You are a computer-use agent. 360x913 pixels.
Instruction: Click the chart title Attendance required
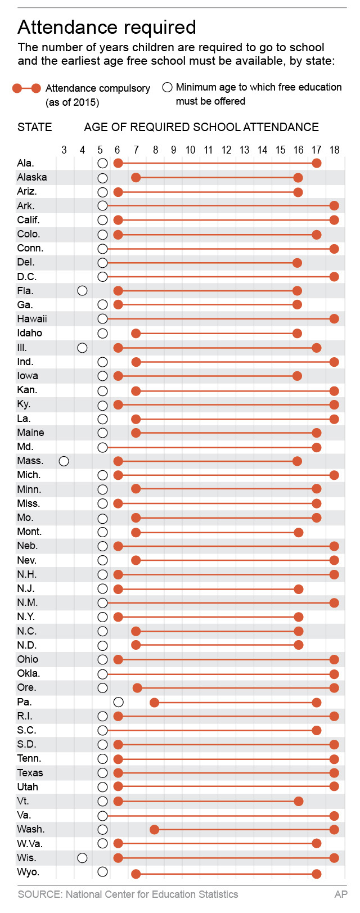[107, 27]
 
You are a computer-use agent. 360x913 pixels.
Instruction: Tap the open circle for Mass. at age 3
[64, 461]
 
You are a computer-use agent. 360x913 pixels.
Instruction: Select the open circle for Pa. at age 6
[118, 702]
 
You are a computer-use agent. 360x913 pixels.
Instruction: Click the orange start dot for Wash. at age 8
[154, 830]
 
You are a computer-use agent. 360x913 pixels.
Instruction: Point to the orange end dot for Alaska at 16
[298, 178]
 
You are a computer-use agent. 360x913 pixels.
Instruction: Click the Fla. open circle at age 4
[82, 291]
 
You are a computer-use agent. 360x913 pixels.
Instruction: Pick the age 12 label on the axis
[226, 150]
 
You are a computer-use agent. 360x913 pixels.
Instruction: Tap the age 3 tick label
[64, 150]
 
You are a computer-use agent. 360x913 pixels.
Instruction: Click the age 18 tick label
[334, 150]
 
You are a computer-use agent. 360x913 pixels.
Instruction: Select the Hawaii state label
[32, 319]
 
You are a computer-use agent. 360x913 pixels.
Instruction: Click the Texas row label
[30, 773]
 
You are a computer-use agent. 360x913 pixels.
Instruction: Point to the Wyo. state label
[28, 872]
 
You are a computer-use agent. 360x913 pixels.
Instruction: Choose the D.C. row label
[27, 277]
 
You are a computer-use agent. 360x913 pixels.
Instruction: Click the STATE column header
[35, 127]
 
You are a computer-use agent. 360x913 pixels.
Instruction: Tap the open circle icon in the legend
[167, 87]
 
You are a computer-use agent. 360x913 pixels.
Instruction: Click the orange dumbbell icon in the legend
[26, 88]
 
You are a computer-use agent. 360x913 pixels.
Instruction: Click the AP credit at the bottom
[341, 894]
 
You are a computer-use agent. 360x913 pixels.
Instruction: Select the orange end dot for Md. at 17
[317, 447]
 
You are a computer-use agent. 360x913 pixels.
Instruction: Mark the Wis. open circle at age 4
[82, 858]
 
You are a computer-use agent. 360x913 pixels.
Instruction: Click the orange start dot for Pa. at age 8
[154, 703]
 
